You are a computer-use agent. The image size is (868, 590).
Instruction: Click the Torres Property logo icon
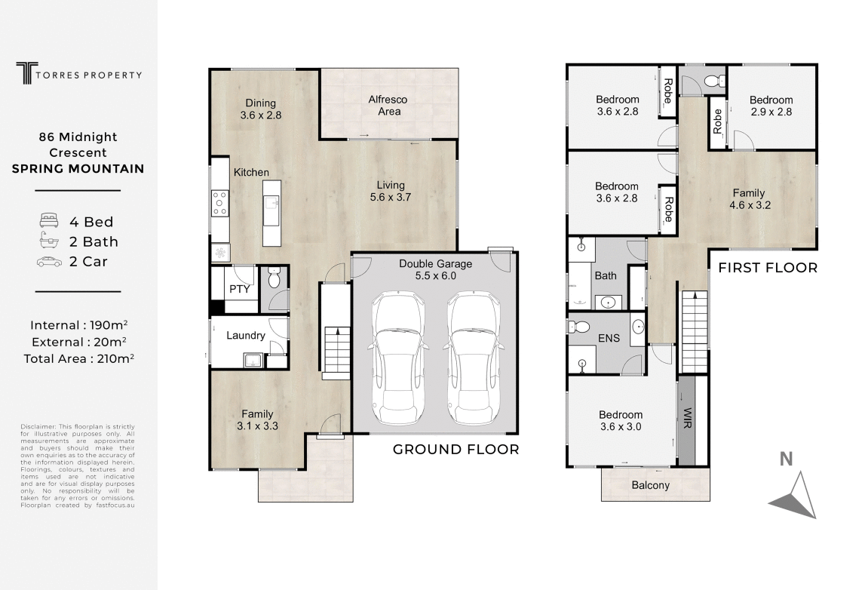tap(27, 73)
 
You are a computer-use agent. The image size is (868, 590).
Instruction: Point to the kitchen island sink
tap(271, 202)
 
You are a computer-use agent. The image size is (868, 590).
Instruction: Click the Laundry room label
tap(245, 336)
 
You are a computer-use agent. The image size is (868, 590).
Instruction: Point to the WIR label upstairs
tap(687, 419)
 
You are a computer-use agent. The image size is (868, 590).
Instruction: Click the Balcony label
tap(650, 485)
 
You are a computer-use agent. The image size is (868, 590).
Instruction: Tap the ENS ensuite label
tap(609, 338)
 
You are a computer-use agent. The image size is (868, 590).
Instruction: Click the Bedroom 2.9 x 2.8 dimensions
tap(771, 112)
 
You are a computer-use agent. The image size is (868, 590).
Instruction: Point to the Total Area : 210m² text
tap(78, 358)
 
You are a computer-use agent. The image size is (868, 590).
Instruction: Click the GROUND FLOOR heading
tap(455, 450)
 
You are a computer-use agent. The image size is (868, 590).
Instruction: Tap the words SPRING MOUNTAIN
tap(78, 168)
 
